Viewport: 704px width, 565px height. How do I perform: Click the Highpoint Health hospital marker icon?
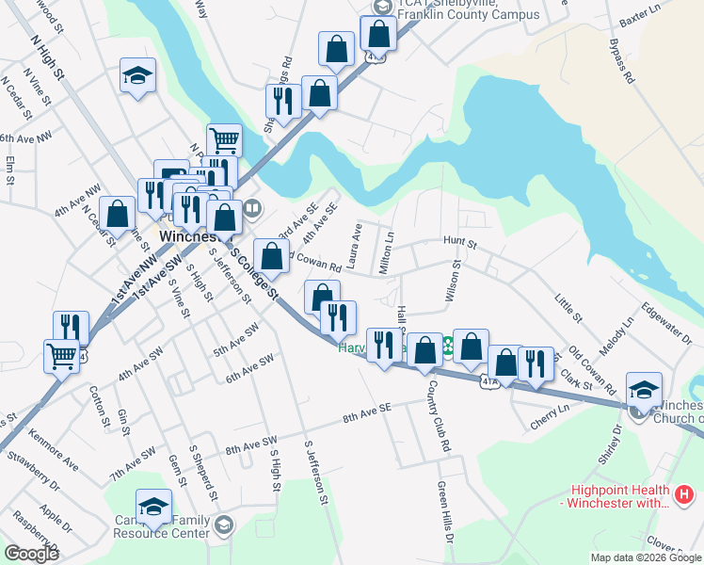[x=684, y=492]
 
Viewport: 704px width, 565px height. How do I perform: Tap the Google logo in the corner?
[x=32, y=553]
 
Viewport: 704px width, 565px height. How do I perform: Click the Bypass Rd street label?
[x=622, y=61]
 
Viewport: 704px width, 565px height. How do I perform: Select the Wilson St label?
[x=454, y=283]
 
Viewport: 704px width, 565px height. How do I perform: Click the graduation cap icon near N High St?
[x=138, y=76]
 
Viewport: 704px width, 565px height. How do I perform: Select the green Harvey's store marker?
[x=449, y=347]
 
